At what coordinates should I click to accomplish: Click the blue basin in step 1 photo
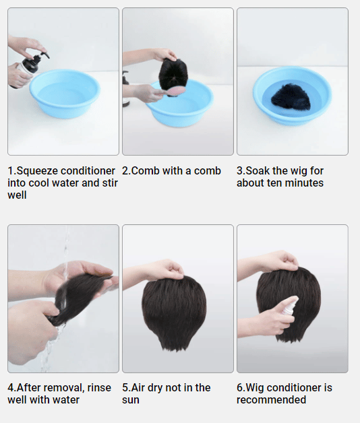pos(65,93)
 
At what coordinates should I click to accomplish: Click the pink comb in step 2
pos(176,91)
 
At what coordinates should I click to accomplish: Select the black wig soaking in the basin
pos(291,96)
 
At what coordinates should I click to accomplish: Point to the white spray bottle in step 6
pos(291,306)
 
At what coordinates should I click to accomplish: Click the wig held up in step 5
pos(174,313)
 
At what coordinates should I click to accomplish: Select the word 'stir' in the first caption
pos(110,183)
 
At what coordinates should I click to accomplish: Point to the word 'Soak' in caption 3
pos(258,171)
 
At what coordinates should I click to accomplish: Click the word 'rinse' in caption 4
pos(99,388)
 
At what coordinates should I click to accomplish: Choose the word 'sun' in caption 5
pos(130,400)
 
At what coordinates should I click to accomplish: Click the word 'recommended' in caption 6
pos(271,400)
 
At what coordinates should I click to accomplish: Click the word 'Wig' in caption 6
pos(255,388)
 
